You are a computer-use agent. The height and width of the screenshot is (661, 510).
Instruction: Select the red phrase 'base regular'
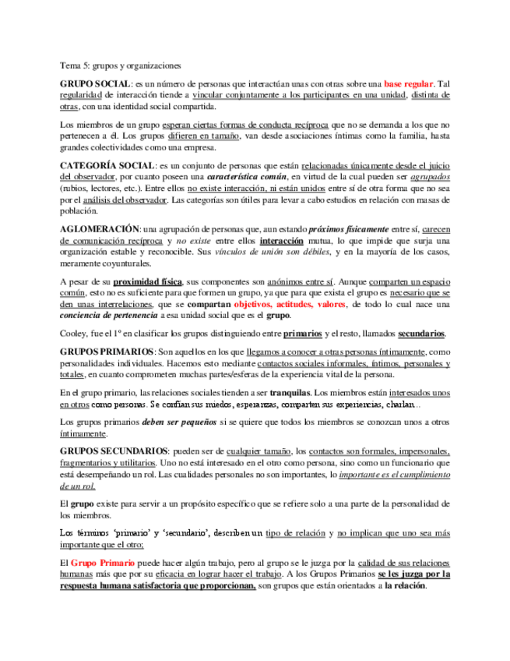click(409, 83)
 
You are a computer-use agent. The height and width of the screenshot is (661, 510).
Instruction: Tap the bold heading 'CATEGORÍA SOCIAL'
click(107, 165)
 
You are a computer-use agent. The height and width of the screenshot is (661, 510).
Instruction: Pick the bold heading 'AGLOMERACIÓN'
click(100, 229)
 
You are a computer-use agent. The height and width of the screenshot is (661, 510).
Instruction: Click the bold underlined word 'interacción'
click(281, 241)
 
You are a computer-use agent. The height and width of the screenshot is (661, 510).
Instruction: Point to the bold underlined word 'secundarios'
click(421, 334)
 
